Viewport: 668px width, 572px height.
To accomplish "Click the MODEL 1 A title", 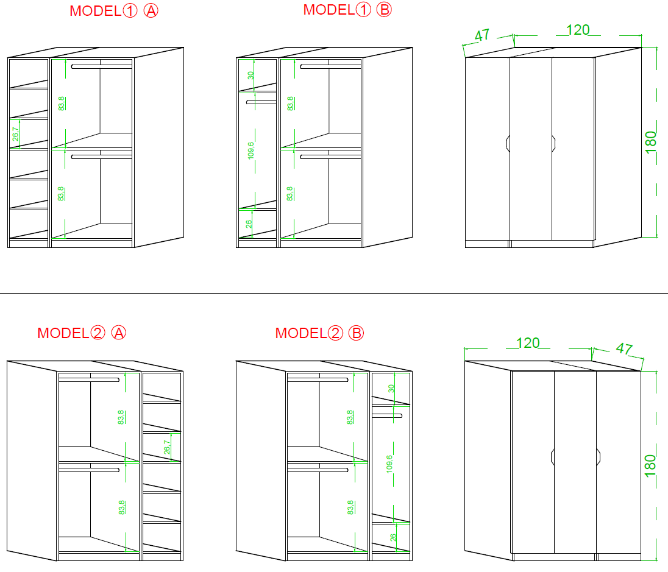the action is tap(114, 10).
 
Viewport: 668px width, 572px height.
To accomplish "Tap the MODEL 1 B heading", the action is tap(347, 9).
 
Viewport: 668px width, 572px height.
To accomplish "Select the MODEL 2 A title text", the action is tap(82, 333).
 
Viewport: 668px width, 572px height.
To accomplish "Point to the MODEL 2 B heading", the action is tap(319, 333).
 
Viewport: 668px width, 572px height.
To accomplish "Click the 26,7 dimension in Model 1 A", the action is tap(16, 134).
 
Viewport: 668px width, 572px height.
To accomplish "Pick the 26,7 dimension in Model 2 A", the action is tap(167, 447).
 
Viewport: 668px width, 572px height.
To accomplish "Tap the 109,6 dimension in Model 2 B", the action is tap(389, 464).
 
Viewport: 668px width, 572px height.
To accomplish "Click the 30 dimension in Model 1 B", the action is tap(251, 76).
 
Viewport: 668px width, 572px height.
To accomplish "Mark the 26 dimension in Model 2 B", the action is tap(393, 537).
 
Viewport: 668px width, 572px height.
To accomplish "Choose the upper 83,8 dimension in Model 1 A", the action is tap(62, 104).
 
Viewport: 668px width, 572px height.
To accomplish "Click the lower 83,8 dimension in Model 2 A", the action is tap(121, 507).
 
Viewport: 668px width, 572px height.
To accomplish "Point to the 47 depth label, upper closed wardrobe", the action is tap(482, 35).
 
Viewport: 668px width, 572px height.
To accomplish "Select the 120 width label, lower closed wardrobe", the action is tap(528, 343).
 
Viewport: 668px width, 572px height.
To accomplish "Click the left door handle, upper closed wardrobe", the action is tap(508, 144).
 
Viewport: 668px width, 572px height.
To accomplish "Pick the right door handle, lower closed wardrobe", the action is tap(599, 457).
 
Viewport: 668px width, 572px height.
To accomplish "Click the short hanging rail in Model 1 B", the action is tap(261, 102).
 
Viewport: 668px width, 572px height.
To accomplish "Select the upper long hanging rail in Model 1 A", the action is tap(102, 66).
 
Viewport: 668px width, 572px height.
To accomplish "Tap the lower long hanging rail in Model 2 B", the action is tap(318, 470).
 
